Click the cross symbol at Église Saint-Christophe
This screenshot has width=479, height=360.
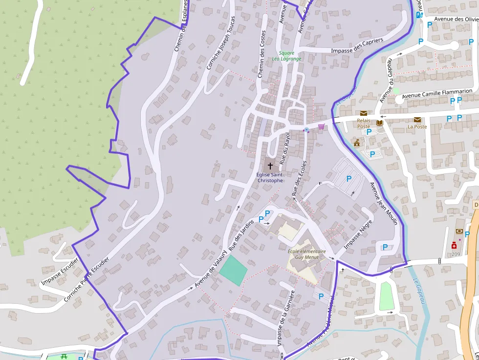[270, 166]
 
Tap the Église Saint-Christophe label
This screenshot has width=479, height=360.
[270, 177]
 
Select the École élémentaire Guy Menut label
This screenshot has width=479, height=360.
[306, 254]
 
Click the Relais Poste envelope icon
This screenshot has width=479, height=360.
[364, 113]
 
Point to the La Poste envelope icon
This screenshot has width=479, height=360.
[417, 120]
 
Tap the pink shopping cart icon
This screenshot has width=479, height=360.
[321, 127]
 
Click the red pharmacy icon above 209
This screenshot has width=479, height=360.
[454, 246]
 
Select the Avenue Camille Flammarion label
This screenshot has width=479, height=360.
[437, 93]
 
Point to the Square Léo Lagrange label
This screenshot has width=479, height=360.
[290, 56]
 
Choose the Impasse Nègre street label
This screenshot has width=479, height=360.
[358, 234]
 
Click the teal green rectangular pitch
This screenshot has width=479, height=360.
[233, 271]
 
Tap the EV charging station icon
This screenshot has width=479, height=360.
[419, 15]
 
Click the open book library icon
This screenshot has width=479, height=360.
[380, 123]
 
